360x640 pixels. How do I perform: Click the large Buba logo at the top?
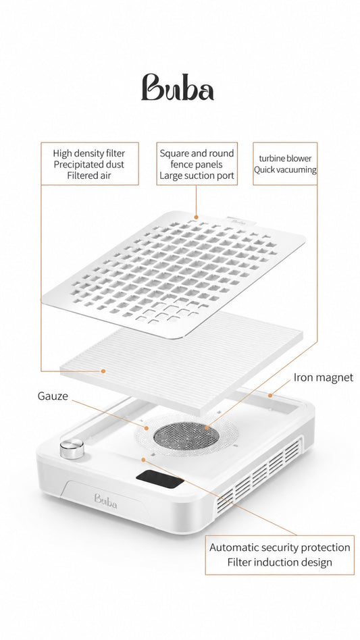point(178,87)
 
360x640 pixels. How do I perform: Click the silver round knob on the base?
point(72,448)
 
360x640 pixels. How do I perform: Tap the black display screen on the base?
point(159,479)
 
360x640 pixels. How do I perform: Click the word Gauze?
point(53,396)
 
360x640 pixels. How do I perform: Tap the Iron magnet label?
point(323,377)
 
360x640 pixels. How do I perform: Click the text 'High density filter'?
point(89,153)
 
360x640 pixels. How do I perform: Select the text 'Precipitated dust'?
point(89,165)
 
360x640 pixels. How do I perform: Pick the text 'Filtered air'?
point(89,176)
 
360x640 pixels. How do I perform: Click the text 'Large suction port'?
point(197,176)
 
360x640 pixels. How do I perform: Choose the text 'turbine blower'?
point(285,159)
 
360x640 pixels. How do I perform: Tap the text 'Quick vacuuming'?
point(285,169)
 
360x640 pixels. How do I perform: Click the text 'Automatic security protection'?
point(280,548)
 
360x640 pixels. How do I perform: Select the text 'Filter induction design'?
point(280,562)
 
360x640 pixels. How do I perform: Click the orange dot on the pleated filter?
point(103,371)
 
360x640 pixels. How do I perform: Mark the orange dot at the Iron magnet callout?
point(269,395)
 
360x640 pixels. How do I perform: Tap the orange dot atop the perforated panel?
point(196,217)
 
